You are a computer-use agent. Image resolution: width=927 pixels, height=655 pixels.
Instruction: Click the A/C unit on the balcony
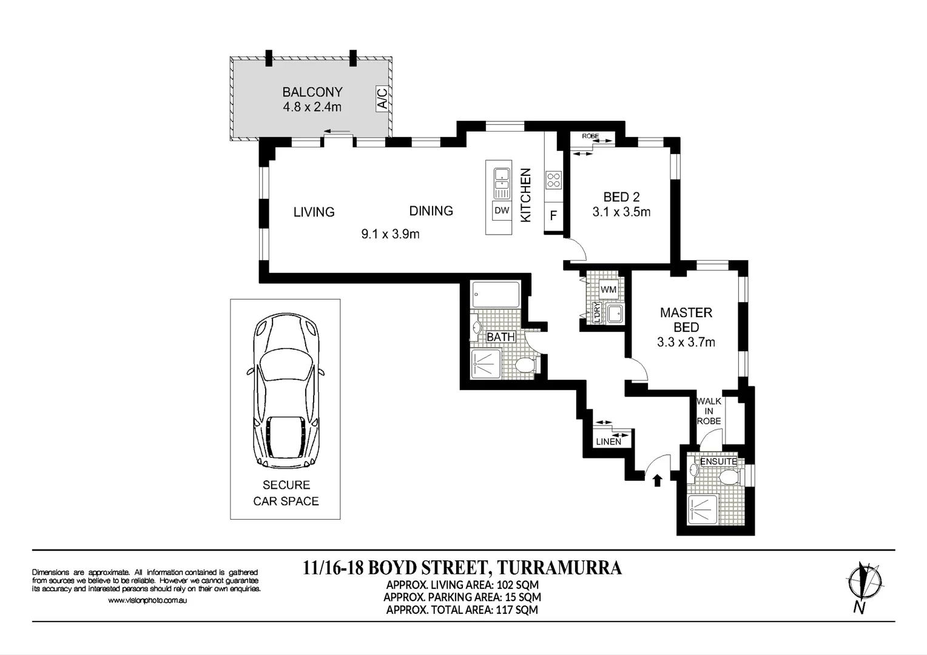pos(382,98)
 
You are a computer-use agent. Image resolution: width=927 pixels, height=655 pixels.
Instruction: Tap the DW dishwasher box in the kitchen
pos(502,211)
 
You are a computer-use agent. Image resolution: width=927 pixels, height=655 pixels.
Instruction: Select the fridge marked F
pos(553,215)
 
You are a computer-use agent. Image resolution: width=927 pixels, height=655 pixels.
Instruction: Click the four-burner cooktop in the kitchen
pos(553,180)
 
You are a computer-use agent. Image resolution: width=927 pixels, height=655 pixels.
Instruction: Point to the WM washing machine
pos(608,289)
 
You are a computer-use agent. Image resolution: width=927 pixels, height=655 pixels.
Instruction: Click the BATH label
pos(501,337)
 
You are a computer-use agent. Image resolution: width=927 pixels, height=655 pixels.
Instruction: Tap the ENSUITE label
pos(718,462)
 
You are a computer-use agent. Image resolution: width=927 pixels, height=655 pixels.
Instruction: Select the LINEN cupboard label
pos(608,442)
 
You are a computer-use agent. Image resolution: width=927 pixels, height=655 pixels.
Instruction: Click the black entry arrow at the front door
pos(656,480)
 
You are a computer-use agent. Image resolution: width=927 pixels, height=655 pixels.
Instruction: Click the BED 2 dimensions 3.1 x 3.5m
pos(621,212)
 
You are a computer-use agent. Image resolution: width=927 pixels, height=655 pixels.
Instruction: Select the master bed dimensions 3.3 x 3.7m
pos(686,343)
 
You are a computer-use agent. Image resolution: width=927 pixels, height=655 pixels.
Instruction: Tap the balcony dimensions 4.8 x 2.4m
pos(312,107)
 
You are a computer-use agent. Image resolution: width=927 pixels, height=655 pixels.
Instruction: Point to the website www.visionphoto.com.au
pos(147,600)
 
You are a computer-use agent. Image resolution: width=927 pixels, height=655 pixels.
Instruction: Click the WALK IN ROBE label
pos(709,411)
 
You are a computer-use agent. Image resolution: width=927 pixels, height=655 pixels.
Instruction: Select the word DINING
pos(431,211)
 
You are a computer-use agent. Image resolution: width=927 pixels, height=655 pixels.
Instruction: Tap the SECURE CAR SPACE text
pos(286,493)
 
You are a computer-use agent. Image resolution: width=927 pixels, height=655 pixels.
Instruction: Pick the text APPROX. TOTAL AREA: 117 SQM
pos(462,610)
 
